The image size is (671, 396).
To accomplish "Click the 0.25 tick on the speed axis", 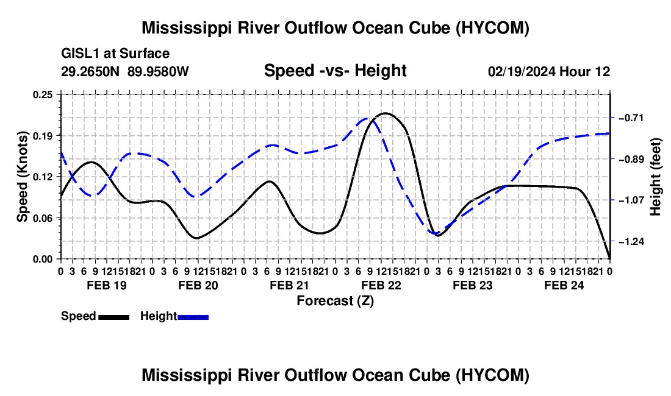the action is pyautogui.click(x=42, y=94).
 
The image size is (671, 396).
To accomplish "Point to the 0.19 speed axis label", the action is pyautogui.click(x=42, y=136).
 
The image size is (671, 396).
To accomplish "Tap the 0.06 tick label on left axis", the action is pyautogui.click(x=42, y=218).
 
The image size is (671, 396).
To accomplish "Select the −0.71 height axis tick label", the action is pyautogui.click(x=631, y=118).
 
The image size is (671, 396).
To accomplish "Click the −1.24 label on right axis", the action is pyautogui.click(x=631, y=241).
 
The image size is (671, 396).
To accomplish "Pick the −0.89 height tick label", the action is pyautogui.click(x=631, y=159).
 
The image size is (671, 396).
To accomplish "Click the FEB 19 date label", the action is pyautogui.click(x=107, y=285).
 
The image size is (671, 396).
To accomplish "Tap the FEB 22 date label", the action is pyautogui.click(x=381, y=285).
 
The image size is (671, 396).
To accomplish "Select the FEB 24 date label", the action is pyautogui.click(x=564, y=285).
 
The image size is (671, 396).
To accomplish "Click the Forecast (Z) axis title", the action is pyautogui.click(x=335, y=301).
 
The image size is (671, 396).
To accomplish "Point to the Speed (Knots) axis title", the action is pyautogui.click(x=22, y=177).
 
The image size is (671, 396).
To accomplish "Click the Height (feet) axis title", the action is pyautogui.click(x=655, y=177).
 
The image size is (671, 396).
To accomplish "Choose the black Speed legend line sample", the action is pyautogui.click(x=114, y=317).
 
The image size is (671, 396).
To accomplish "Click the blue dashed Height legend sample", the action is pyautogui.click(x=193, y=317).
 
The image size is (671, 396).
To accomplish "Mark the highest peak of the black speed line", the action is pyautogui.click(x=386, y=113).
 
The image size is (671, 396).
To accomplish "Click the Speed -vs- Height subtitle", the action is pyautogui.click(x=335, y=71).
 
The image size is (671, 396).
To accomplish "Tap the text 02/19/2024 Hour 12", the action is pyautogui.click(x=549, y=71).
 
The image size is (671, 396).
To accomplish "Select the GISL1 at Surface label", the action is pyautogui.click(x=115, y=54).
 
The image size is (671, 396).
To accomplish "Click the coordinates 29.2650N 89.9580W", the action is pyautogui.click(x=124, y=71).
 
